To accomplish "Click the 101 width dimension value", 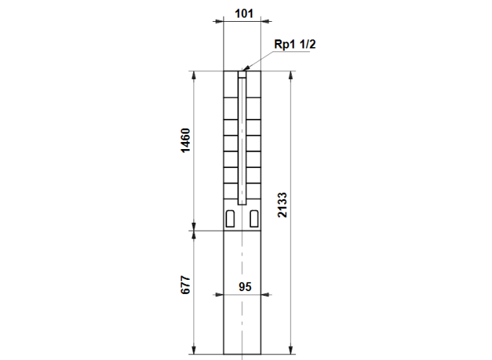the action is (244, 13).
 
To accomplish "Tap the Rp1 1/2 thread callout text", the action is (294, 44).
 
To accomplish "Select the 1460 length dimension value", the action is (186, 141).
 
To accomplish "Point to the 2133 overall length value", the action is (282, 205).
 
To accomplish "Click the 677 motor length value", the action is (186, 285).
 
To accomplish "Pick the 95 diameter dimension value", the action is (245, 287).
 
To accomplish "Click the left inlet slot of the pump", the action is (230, 219).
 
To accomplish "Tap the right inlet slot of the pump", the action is (254, 219).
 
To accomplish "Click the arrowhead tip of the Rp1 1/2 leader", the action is (243, 70).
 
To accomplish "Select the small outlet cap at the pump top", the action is (242, 75).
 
